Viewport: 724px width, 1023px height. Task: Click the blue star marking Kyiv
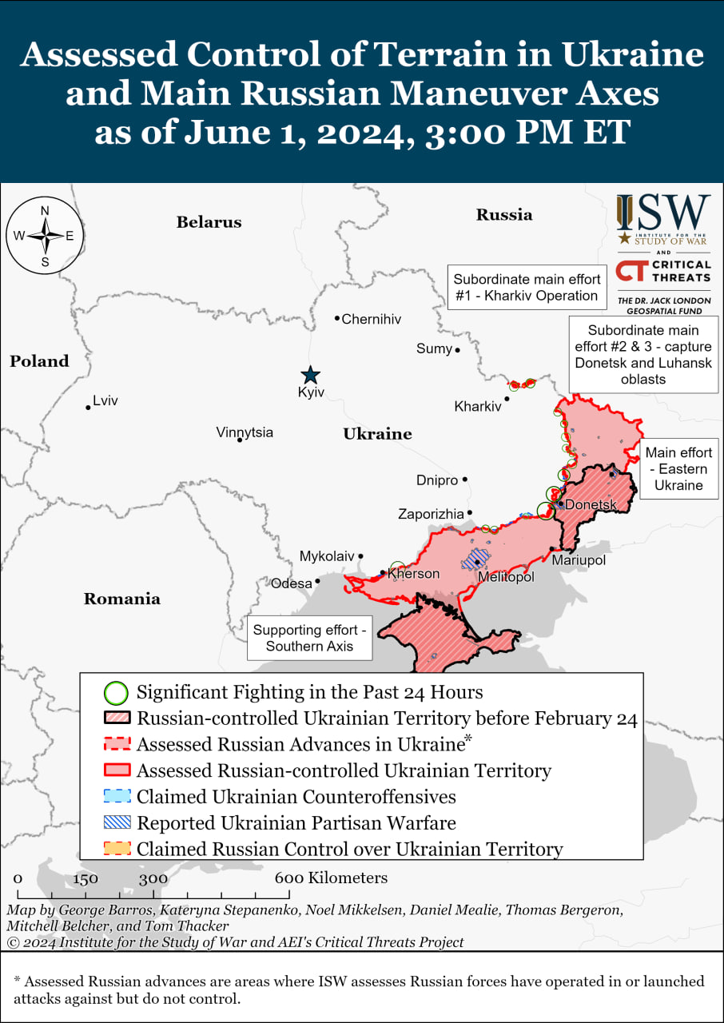click(x=310, y=375)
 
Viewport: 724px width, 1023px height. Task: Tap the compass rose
click(x=45, y=236)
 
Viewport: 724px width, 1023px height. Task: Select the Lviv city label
click(x=105, y=400)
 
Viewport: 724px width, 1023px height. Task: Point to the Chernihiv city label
click(x=371, y=319)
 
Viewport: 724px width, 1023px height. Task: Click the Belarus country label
click(x=209, y=222)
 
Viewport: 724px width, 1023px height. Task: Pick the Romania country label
click(x=121, y=599)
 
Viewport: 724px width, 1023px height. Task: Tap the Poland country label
click(x=39, y=361)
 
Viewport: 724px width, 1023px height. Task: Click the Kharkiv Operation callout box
click(x=526, y=288)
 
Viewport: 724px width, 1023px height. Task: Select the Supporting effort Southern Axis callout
click(x=309, y=638)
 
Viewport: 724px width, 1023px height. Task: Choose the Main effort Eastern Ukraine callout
click(x=678, y=469)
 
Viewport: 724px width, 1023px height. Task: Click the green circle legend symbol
click(x=117, y=692)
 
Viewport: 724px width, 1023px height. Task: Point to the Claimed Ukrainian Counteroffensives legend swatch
click(x=117, y=797)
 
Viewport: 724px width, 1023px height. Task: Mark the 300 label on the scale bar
click(x=153, y=878)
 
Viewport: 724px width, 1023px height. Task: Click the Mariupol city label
click(x=579, y=560)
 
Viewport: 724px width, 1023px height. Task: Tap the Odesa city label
click(x=291, y=583)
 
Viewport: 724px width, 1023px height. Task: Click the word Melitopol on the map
click(x=506, y=577)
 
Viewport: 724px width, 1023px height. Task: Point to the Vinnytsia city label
click(x=245, y=432)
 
